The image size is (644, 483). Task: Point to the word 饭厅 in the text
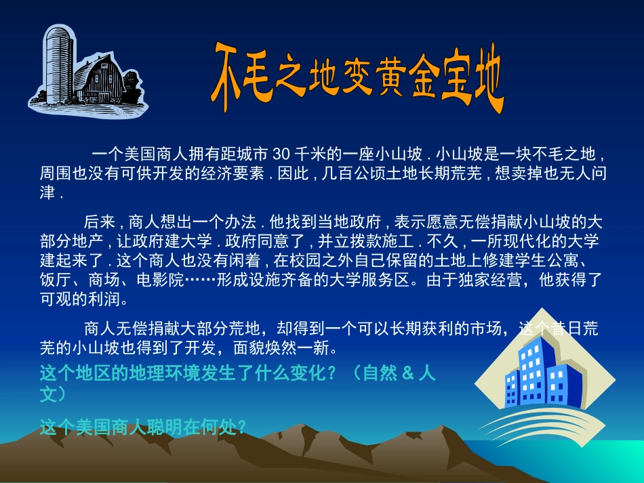coord(56,279)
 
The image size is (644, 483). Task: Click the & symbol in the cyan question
coord(407,373)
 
